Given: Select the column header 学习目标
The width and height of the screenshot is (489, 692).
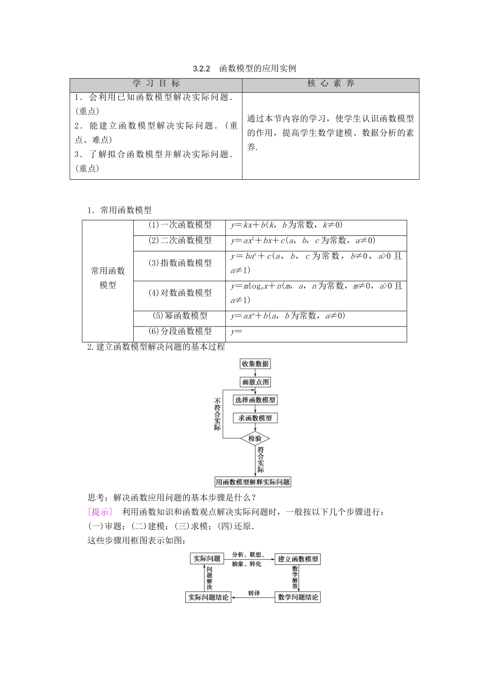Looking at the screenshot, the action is point(156,84).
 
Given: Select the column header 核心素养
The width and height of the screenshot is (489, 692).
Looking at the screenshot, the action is point(330,84).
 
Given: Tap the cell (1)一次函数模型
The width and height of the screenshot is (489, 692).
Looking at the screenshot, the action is point(180,226).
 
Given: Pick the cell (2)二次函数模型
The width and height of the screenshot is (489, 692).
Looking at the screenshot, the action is point(180,240).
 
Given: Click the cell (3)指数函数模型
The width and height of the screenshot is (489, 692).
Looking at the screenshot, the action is point(180,263).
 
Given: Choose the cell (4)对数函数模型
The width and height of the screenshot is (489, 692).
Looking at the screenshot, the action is point(180,293).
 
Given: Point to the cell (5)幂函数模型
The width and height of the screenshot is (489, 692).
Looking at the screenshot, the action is point(180,316).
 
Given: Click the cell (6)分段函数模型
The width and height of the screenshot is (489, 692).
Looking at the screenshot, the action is point(180,332).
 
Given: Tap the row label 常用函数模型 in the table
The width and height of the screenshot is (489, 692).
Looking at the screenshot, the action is point(108,278).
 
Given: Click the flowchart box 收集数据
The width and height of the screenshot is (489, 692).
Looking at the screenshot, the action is point(255,364).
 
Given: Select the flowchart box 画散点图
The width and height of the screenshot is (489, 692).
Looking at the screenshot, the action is point(255,382).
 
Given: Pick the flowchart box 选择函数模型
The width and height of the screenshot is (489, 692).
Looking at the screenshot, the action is point(255,400).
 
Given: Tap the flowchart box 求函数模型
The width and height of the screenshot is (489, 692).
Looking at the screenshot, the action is point(255,418).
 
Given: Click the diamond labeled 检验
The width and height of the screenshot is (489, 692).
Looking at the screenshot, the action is point(255,439).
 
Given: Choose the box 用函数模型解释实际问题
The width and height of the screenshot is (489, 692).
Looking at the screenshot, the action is point(253,482).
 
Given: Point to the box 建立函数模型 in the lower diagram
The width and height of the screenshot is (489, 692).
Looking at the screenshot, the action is point(298,559).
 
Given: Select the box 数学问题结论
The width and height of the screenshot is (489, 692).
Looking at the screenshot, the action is point(298,597).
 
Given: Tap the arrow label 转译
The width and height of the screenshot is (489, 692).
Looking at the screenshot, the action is point(253,593).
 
